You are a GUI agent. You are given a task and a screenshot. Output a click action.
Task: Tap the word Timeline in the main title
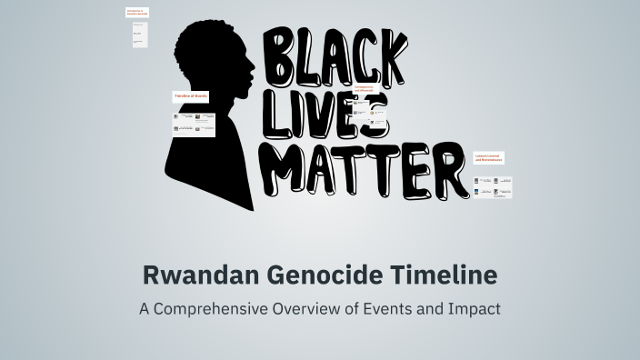[438, 273]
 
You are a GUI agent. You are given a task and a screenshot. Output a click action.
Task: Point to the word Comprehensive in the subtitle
[207, 308]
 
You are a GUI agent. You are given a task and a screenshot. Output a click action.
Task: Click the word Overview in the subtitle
[309, 308]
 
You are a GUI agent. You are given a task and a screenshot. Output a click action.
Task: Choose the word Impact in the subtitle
[474, 308]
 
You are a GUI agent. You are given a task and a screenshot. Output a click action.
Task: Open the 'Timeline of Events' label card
[192, 95]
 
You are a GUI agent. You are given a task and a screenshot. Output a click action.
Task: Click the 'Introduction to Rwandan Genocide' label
[137, 13]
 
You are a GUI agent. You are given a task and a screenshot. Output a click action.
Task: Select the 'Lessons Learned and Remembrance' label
[488, 158]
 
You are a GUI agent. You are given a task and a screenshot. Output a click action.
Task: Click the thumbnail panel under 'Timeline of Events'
[195, 124]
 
